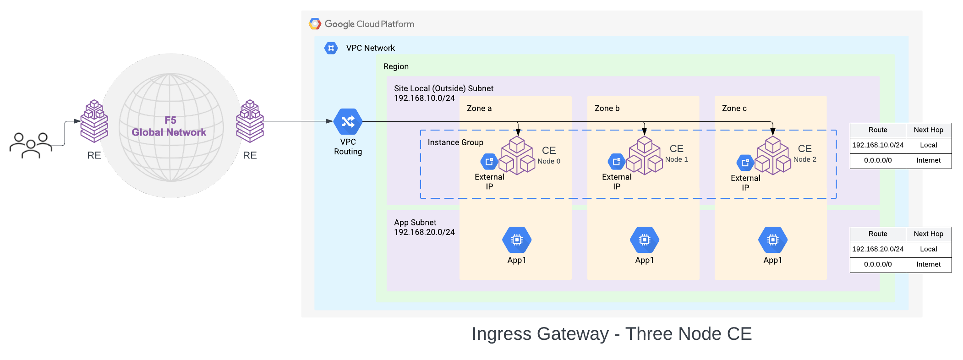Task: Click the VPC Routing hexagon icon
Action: (x=348, y=121)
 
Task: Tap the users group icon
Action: (x=31, y=145)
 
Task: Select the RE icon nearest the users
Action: (x=94, y=121)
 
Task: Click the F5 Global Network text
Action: (x=169, y=126)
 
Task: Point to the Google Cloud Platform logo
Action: (x=315, y=24)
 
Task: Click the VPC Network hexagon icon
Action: (x=331, y=48)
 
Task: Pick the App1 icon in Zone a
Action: (x=516, y=240)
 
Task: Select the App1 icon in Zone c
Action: (x=772, y=240)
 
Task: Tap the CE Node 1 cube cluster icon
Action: (x=644, y=156)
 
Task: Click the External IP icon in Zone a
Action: (x=489, y=161)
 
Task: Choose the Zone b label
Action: (x=607, y=109)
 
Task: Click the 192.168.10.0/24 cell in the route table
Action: (x=877, y=145)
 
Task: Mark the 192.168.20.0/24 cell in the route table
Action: (x=877, y=249)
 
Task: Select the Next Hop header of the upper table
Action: (x=928, y=130)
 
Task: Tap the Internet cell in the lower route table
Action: (x=928, y=264)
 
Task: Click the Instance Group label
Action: (x=455, y=142)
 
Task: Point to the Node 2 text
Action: (x=804, y=159)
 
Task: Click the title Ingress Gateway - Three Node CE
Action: (x=611, y=334)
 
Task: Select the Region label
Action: (x=396, y=66)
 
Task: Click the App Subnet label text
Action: (x=415, y=223)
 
